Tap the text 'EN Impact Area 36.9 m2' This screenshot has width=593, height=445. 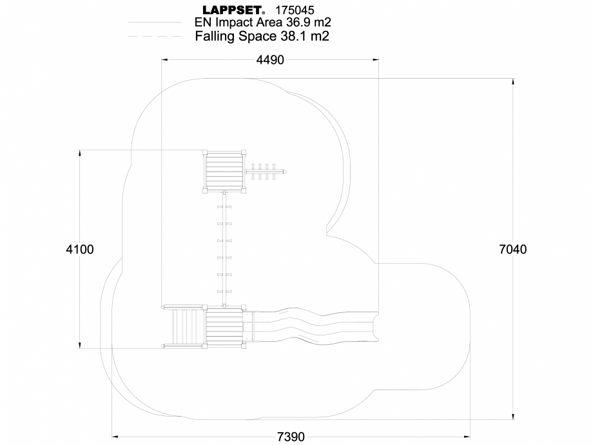(263, 23)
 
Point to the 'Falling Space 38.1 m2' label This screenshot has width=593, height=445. (262, 37)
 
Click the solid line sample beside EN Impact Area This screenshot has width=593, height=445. (155, 23)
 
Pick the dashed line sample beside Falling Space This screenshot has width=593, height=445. (155, 37)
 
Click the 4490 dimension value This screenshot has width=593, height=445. (270, 60)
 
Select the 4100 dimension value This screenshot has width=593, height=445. (80, 250)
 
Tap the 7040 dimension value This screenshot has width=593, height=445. (513, 250)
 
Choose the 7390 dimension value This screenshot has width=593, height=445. (291, 437)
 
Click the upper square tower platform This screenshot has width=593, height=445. (224, 172)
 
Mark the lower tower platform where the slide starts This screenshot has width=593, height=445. (224, 327)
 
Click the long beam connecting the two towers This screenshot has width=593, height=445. (224, 248)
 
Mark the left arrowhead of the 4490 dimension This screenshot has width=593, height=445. (164, 59)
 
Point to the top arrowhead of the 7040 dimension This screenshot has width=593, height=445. (513, 82)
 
